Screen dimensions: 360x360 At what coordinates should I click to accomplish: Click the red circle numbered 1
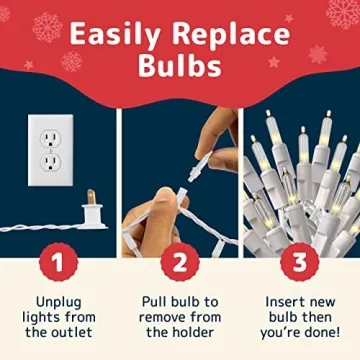click(57, 265)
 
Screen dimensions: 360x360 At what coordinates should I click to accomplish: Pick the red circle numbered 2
click(180, 265)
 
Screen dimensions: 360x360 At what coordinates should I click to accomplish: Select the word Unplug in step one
click(57, 300)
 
